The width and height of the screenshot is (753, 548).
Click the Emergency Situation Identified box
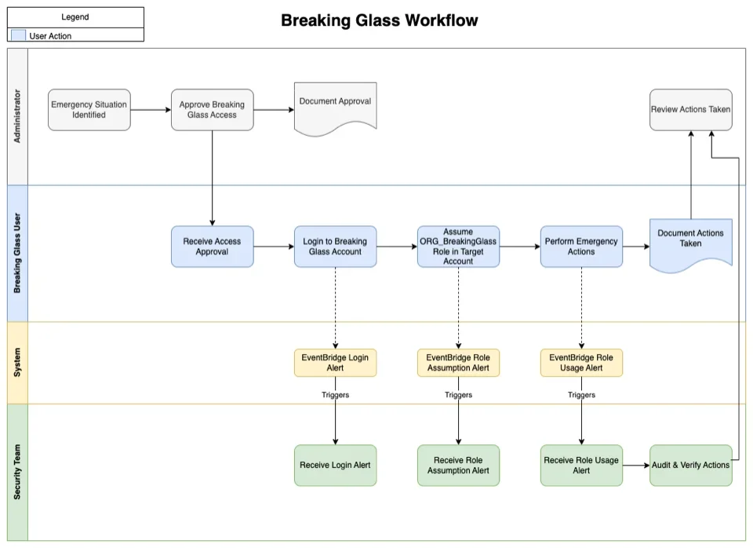89,110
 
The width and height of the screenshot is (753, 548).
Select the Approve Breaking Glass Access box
212,110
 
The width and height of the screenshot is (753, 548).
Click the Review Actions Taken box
690,110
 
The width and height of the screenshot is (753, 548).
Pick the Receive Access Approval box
212,247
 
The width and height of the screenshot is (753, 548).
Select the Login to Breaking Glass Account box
335,247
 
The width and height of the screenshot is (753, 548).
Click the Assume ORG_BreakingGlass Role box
458,247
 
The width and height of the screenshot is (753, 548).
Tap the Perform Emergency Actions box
581,247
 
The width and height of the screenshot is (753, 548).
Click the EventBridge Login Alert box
335,363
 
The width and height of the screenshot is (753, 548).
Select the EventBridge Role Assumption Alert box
458,363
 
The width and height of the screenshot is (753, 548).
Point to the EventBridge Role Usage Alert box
581,363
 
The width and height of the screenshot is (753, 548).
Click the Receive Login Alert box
335,466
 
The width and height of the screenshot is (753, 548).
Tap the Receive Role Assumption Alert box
458,466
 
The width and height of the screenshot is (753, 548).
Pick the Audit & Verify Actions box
690,466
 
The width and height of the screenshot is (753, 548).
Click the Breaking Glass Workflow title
379,20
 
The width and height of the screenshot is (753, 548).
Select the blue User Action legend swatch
18,35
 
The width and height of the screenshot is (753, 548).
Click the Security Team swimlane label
17,471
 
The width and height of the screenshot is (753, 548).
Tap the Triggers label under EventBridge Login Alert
335,395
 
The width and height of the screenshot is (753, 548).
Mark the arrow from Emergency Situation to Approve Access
151,110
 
